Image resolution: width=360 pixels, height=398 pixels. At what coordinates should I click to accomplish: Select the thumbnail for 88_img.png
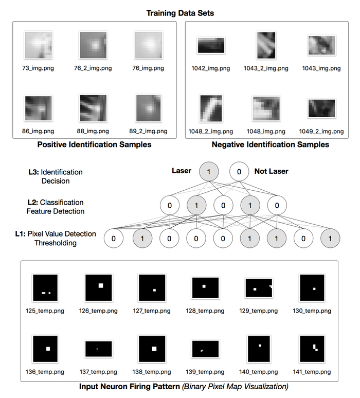pos(93,107)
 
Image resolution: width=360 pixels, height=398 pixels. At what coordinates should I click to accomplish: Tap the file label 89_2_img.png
pos(149,131)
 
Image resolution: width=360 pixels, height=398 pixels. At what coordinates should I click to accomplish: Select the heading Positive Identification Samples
pos(95,144)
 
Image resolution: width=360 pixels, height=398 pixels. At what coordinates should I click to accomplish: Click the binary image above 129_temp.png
pos(259,288)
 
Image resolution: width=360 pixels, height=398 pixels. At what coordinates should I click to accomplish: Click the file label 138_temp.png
pos(152,371)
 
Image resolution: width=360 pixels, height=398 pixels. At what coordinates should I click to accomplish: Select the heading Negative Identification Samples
pos(270,144)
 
